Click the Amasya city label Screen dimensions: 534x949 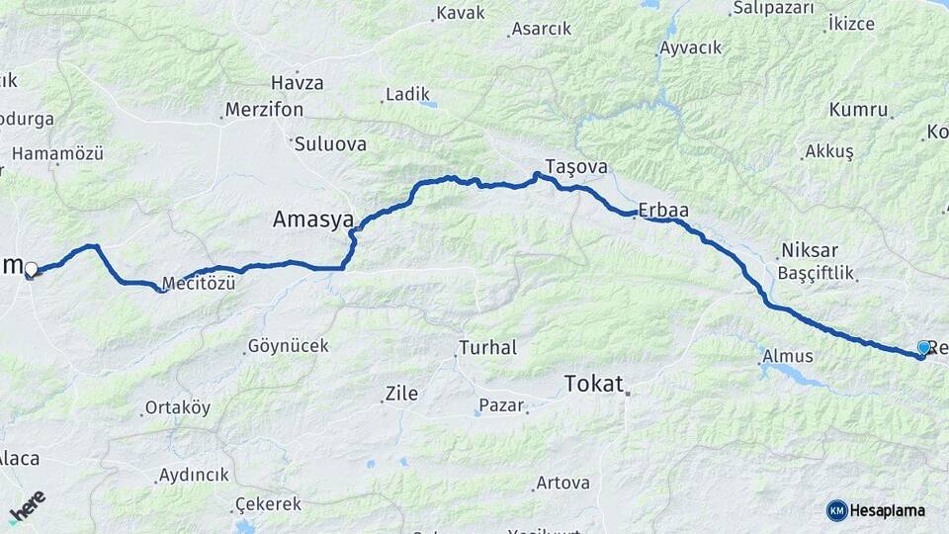(x=312, y=220)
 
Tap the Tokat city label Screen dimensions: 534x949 (x=593, y=384)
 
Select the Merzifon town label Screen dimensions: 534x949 (x=264, y=110)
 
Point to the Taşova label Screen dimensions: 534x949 (x=575, y=166)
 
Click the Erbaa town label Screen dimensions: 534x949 (x=663, y=210)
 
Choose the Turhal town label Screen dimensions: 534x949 (x=486, y=348)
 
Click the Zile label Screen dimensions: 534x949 (x=400, y=394)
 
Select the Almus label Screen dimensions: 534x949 (x=788, y=356)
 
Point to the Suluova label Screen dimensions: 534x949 (x=329, y=144)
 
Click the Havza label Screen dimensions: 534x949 (x=297, y=83)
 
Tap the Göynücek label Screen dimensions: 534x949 (x=288, y=346)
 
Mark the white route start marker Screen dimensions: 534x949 (x=31, y=269)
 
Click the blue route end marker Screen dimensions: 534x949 (x=923, y=348)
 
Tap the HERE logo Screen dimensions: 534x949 (x=27, y=506)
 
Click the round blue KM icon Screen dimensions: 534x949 (x=836, y=510)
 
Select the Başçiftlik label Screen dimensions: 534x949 (x=816, y=272)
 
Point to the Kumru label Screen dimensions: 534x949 (x=859, y=109)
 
